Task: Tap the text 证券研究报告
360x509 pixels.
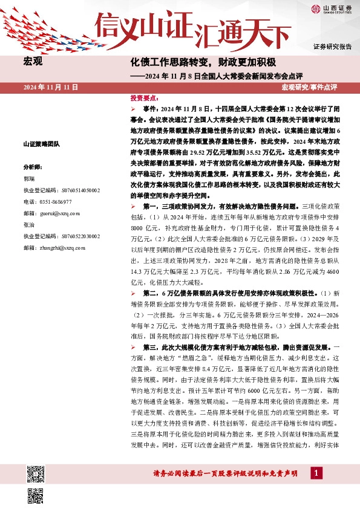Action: pyautogui.click(x=332, y=47)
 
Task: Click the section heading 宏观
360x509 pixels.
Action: pyautogui.click(x=33, y=62)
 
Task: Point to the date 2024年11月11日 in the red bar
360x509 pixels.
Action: pyautogui.click(x=51, y=88)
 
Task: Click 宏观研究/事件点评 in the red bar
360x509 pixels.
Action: pyautogui.click(x=309, y=88)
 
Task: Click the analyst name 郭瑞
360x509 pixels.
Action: pyautogui.click(x=29, y=179)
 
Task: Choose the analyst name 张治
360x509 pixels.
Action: pyautogui.click(x=29, y=224)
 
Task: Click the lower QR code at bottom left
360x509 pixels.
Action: pyautogui.click(x=35, y=494)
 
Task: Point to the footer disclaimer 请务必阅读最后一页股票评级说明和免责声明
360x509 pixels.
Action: pyautogui.click(x=223, y=474)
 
